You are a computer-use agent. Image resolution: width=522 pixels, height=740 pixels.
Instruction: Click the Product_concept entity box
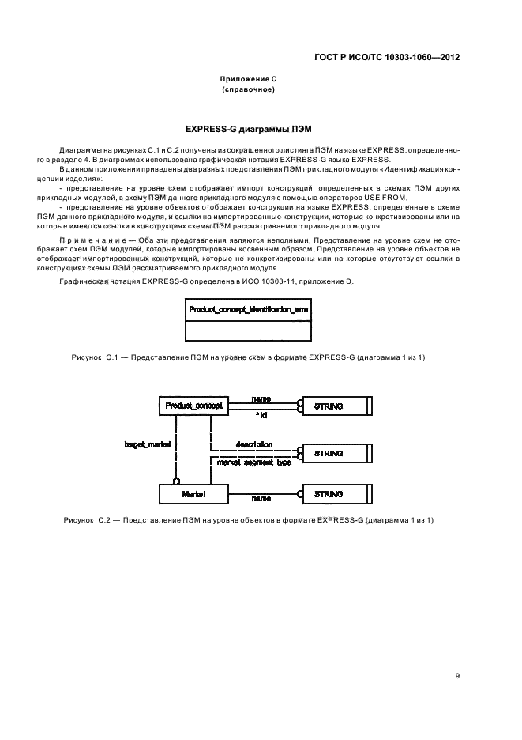(194, 406)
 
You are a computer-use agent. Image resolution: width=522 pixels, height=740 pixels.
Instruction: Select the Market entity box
(194, 494)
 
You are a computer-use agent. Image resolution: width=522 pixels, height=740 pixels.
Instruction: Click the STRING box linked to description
(335, 454)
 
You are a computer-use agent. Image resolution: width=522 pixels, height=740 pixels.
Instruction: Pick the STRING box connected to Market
(335, 494)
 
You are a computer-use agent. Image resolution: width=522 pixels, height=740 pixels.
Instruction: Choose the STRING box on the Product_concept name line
(335, 406)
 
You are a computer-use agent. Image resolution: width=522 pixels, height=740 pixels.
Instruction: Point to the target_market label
(148, 445)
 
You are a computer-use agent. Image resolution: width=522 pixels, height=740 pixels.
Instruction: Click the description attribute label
(254, 445)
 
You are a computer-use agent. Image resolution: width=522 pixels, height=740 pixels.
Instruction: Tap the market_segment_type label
(254, 462)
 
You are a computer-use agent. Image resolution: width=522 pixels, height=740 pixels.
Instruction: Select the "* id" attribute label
(261, 414)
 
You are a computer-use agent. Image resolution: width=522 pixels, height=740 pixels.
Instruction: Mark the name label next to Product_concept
(261, 398)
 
